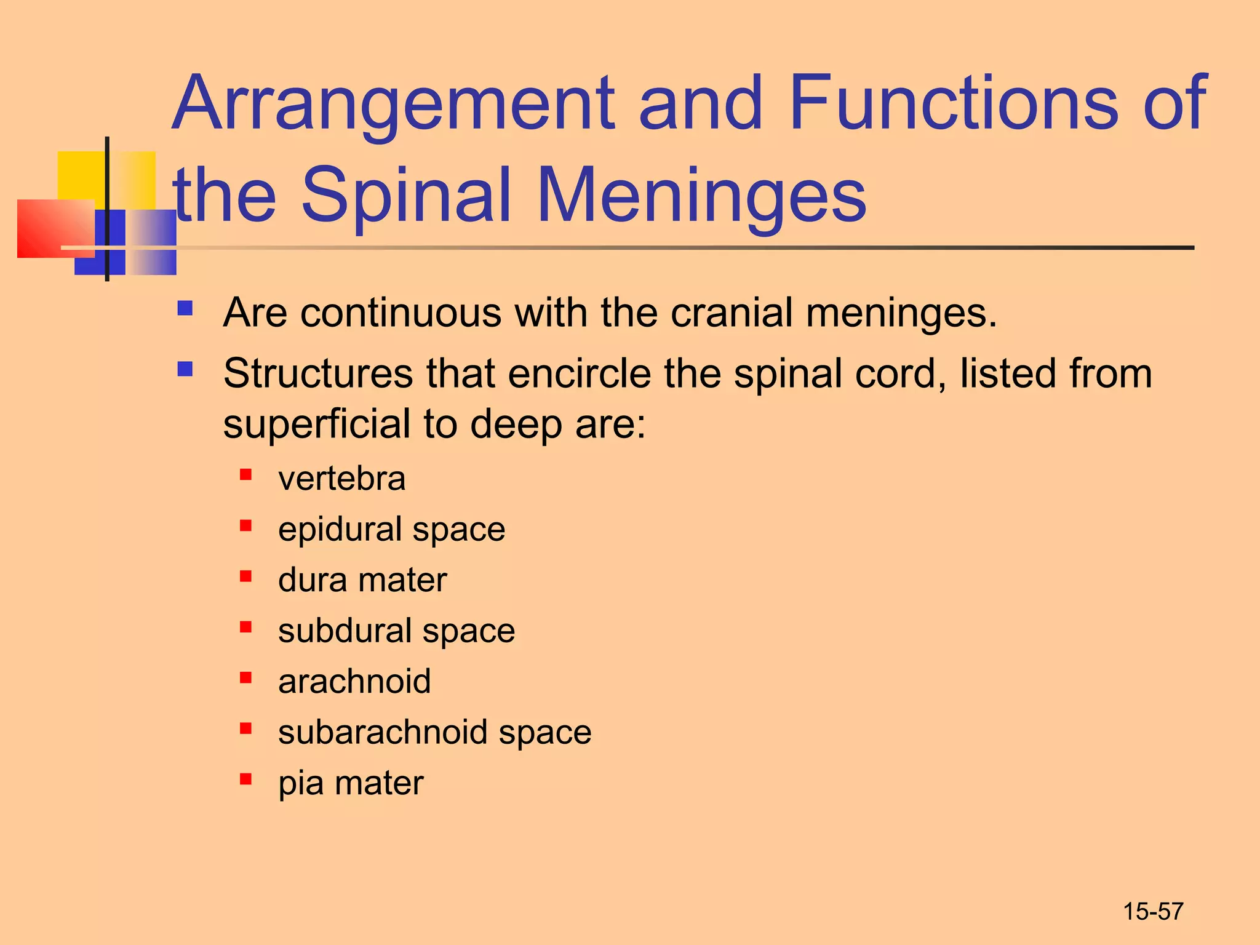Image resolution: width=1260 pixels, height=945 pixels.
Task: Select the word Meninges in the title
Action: (x=701, y=196)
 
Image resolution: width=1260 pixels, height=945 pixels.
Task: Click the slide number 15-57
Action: (x=1153, y=911)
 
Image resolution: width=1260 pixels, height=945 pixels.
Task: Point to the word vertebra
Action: (x=341, y=479)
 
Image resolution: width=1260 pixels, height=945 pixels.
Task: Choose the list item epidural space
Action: (x=391, y=529)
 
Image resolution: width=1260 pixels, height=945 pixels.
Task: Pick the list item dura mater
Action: (x=362, y=580)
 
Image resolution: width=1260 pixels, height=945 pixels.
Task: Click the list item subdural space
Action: (x=396, y=631)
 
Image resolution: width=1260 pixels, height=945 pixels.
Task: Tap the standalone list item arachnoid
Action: (x=354, y=681)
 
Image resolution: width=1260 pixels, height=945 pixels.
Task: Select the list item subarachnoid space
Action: (x=434, y=732)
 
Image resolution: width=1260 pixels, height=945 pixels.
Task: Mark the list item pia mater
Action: (x=351, y=783)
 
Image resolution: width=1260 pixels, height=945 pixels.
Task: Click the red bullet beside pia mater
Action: (x=245, y=780)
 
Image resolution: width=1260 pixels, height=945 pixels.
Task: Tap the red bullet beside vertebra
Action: (x=245, y=474)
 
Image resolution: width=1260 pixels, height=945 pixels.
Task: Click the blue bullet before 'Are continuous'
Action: (x=185, y=308)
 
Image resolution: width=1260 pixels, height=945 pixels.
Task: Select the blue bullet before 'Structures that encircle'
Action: (x=185, y=369)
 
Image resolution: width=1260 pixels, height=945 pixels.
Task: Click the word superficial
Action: (x=316, y=425)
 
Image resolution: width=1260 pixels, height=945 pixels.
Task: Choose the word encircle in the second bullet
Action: (x=580, y=373)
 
